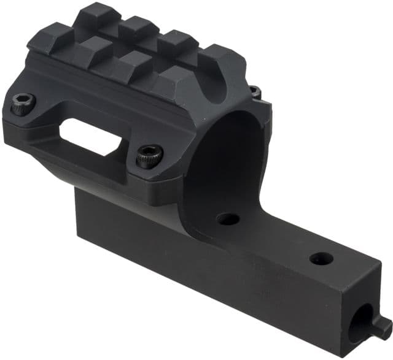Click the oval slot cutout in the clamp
(x=92, y=134)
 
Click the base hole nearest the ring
(x=228, y=218)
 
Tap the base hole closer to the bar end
(x=321, y=258)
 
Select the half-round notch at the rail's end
(x=212, y=86)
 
